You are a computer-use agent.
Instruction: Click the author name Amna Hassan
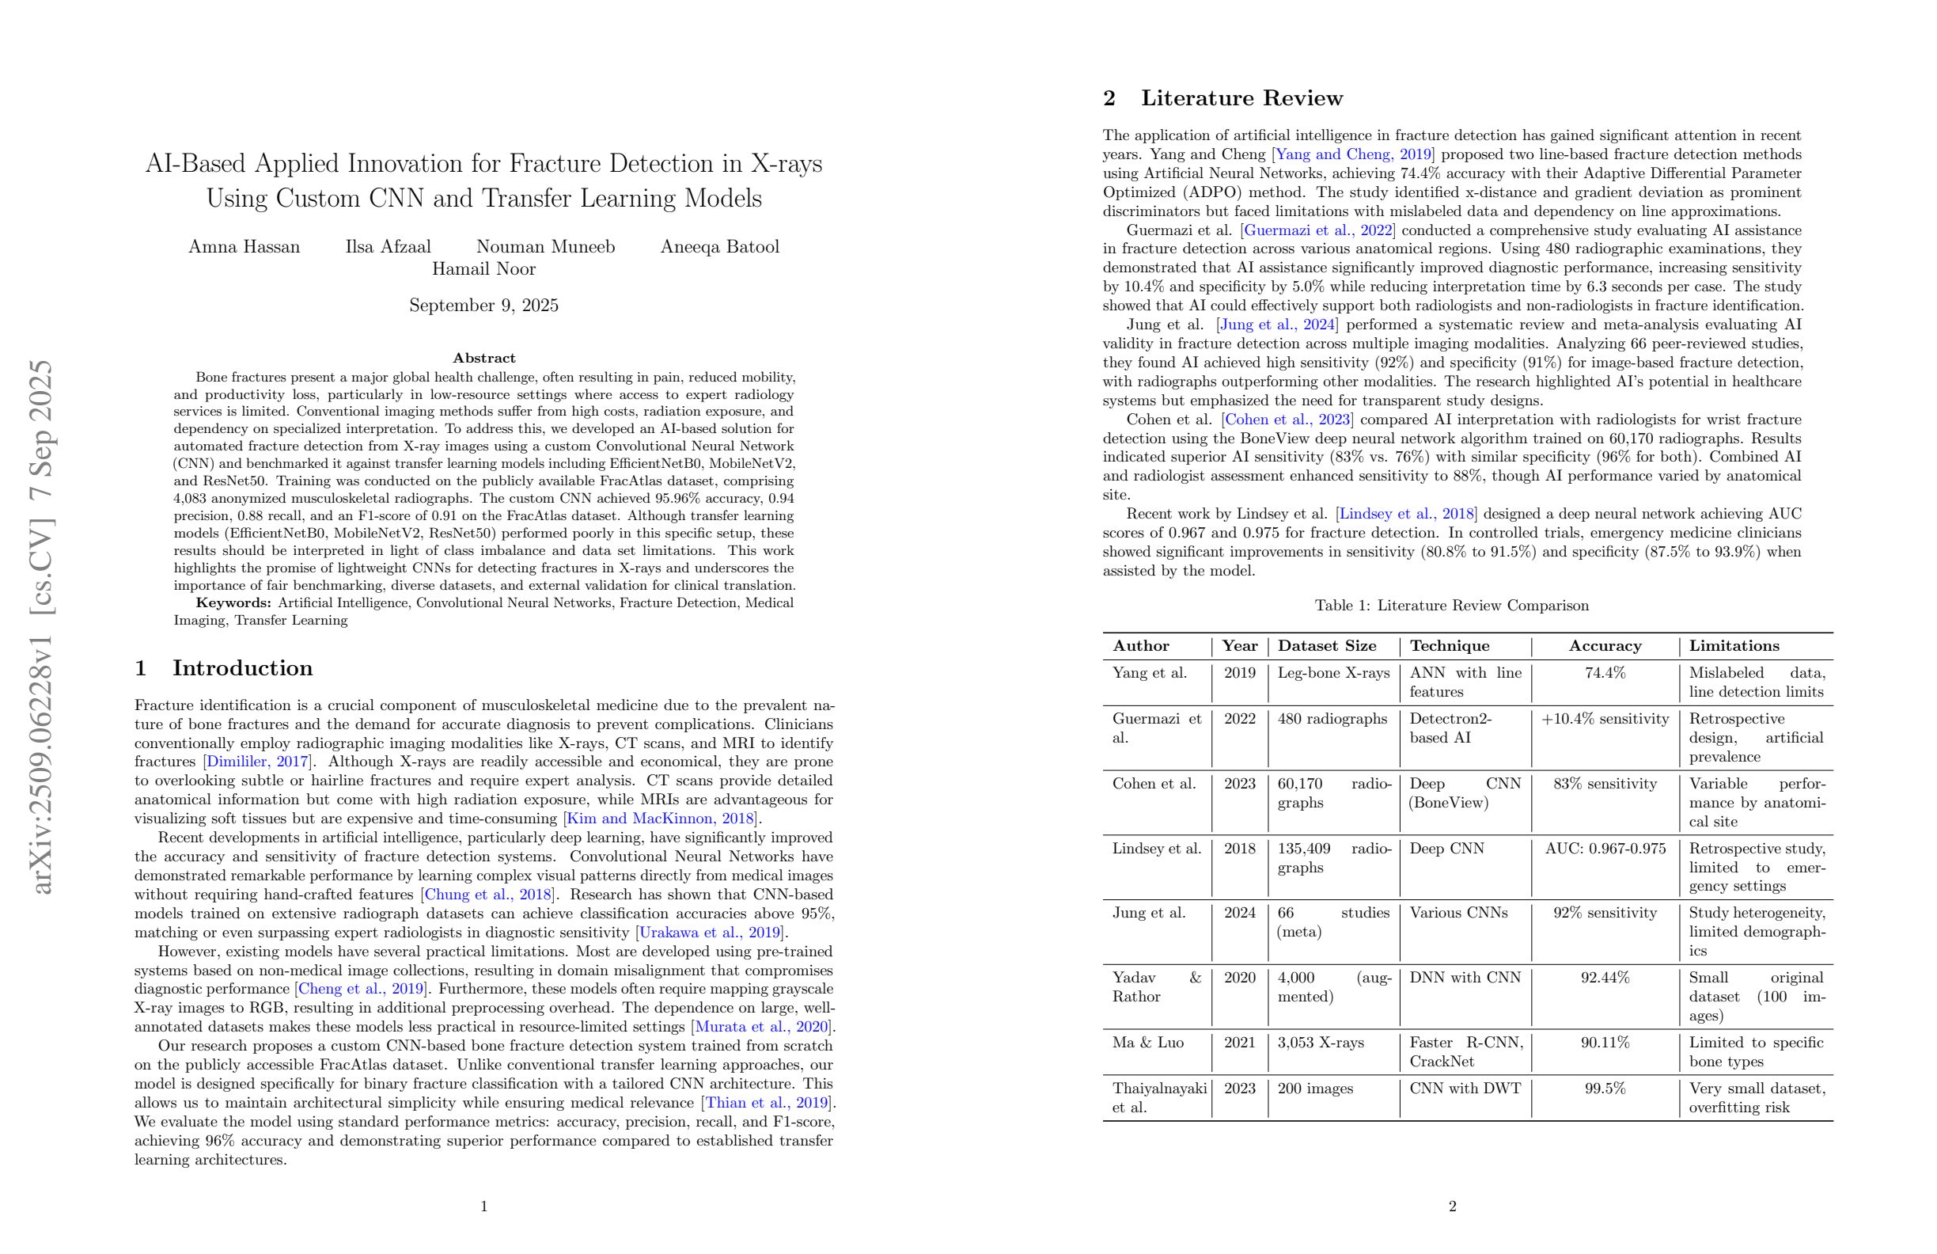point(244,247)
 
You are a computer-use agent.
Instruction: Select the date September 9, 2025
point(483,306)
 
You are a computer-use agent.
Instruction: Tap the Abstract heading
point(483,358)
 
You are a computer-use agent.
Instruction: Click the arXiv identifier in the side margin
point(41,626)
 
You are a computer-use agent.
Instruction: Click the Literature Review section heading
point(1241,97)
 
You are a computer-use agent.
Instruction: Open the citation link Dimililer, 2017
point(257,762)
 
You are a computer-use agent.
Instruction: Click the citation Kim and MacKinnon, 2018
point(661,819)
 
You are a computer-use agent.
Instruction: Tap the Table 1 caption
point(1452,605)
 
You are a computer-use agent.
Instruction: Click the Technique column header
point(1450,646)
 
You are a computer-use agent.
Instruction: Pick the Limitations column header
point(1734,646)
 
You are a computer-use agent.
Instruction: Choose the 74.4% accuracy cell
point(1605,673)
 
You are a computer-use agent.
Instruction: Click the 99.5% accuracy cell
point(1605,1088)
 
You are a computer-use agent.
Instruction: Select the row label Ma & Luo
point(1147,1043)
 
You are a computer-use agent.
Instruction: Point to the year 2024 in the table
point(1240,912)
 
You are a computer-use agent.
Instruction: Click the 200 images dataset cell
point(1315,1088)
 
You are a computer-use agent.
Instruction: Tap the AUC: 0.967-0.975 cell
point(1605,848)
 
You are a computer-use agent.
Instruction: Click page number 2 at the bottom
point(1452,1206)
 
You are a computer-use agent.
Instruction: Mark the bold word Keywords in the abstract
point(233,602)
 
